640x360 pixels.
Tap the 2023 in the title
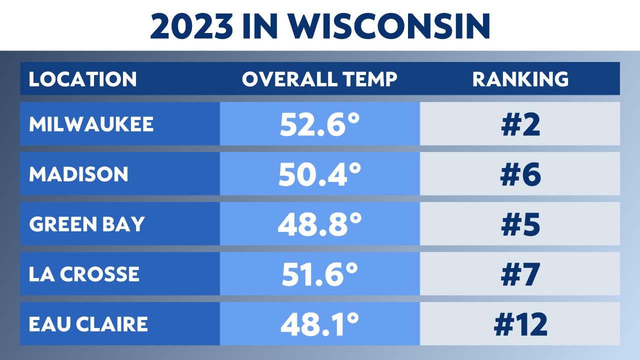click(x=192, y=26)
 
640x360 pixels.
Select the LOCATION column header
click(x=82, y=79)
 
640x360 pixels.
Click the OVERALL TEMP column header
click(x=319, y=79)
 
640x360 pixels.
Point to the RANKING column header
click(x=520, y=79)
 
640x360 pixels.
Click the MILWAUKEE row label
click(x=91, y=124)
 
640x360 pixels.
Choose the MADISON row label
click(x=78, y=174)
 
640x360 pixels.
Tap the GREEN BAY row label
click(x=86, y=224)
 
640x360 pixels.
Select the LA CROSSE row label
click(x=84, y=274)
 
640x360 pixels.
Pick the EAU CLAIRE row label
click(x=88, y=324)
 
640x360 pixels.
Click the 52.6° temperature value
click(x=319, y=124)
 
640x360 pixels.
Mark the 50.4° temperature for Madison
click(x=319, y=174)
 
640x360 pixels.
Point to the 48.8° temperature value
click(x=319, y=224)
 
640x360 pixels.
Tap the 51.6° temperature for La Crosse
click(x=319, y=274)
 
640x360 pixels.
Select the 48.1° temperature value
click(x=319, y=324)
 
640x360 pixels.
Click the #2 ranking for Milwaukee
click(x=520, y=124)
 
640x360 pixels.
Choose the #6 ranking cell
click(x=520, y=174)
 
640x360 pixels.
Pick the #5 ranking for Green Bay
click(x=520, y=224)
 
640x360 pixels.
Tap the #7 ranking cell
click(x=520, y=274)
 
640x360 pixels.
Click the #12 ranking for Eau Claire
click(x=520, y=324)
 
